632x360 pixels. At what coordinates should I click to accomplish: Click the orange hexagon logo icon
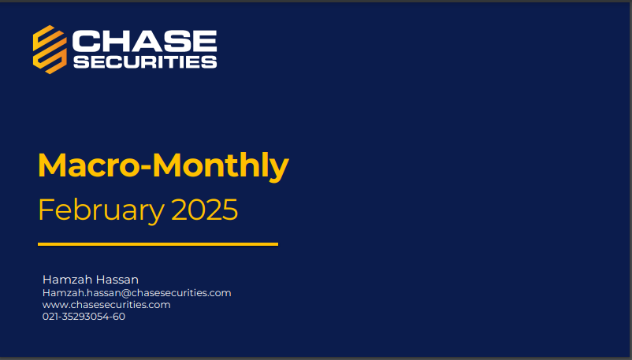(x=50, y=50)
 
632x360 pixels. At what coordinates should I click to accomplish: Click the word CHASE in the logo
(x=145, y=41)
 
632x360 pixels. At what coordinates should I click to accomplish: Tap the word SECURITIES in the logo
(x=145, y=61)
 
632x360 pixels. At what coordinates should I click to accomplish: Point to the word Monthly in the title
(x=221, y=166)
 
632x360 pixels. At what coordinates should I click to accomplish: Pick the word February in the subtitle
(x=101, y=210)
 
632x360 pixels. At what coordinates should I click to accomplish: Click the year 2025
(x=204, y=210)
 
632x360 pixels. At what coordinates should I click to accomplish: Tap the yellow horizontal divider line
(x=158, y=244)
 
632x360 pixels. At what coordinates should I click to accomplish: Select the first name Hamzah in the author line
(x=65, y=280)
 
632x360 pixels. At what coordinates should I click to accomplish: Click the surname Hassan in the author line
(x=115, y=280)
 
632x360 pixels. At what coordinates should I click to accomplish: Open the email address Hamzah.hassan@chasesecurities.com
(x=136, y=293)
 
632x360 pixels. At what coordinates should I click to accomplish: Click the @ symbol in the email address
(x=126, y=293)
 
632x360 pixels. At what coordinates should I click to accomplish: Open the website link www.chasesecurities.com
(x=106, y=304)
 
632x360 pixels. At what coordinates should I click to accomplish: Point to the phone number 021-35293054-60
(x=84, y=317)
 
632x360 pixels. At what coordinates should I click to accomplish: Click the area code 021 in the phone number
(x=50, y=317)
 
